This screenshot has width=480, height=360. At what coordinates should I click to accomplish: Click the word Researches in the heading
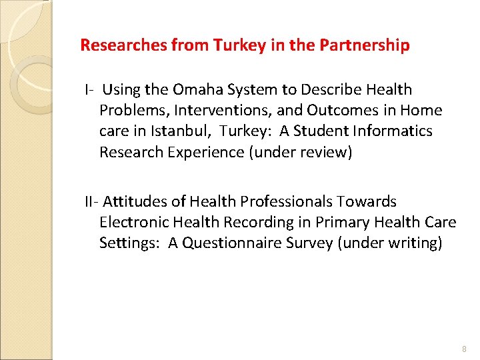click(x=122, y=46)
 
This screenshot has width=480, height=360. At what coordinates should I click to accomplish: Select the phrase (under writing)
click(x=390, y=243)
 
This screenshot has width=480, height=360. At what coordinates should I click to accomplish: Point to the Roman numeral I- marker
click(x=89, y=89)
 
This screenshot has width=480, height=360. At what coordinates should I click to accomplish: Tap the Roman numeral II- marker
click(x=91, y=201)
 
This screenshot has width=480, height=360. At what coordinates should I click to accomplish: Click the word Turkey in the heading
click(x=235, y=46)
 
